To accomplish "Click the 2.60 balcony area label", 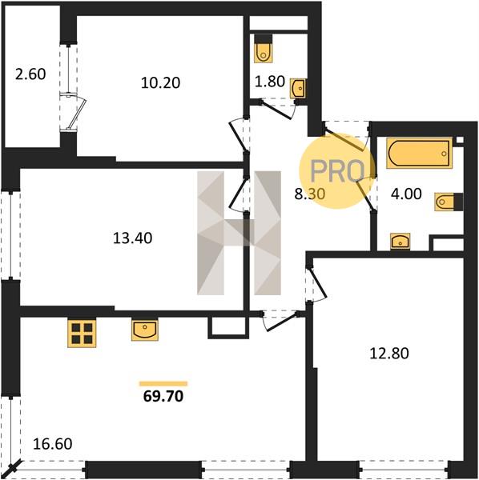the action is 30,74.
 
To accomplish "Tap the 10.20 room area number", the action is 160,83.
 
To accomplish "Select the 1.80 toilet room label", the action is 270,82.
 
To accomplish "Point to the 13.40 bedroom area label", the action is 132,238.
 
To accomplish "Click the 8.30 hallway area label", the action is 310,194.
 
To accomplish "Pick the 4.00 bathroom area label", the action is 406,194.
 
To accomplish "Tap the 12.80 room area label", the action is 389,354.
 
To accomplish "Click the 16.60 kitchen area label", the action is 52,444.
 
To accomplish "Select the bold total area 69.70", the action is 163,396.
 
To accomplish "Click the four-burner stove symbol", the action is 82,333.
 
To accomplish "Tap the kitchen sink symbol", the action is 145,330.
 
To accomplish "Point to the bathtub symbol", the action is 419,153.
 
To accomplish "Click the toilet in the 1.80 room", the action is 264,51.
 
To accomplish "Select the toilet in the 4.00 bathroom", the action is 449,202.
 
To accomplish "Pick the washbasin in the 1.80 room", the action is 299,88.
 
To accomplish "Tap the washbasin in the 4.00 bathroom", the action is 400,241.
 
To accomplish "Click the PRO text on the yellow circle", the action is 337,171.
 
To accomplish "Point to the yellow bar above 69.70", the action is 163,383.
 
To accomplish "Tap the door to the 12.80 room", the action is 317,284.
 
